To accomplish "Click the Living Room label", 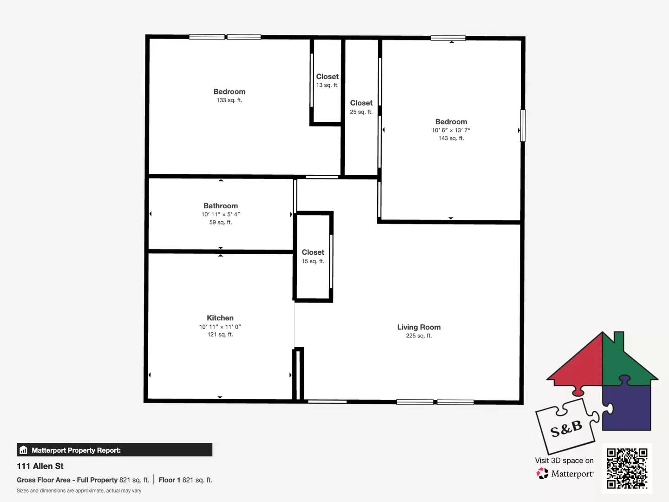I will point(419,327).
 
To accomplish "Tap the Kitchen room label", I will point(220,318).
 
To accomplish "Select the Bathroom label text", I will point(220,206).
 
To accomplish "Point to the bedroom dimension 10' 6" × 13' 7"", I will point(451,130).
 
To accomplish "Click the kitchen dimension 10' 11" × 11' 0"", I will point(220,327).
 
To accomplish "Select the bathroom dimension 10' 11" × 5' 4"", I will point(220,214).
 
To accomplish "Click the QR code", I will point(627,468).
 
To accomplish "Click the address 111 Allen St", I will point(40,466).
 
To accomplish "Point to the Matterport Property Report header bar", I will point(114,450).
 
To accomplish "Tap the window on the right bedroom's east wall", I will point(523,125).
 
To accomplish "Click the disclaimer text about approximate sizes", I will point(79,491).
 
